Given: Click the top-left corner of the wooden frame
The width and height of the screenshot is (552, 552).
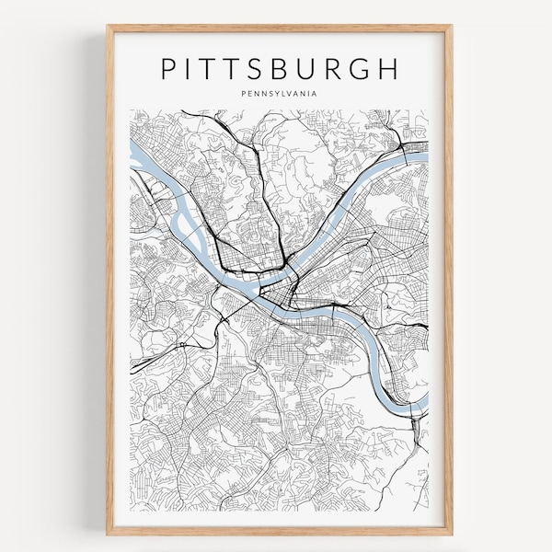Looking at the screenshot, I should click(x=108, y=27).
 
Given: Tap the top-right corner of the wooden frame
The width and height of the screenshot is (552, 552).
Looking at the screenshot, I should click(x=452, y=27).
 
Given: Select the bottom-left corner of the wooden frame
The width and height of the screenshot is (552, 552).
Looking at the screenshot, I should click(x=108, y=534).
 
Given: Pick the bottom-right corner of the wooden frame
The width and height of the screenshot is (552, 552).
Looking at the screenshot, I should click(x=452, y=534).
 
